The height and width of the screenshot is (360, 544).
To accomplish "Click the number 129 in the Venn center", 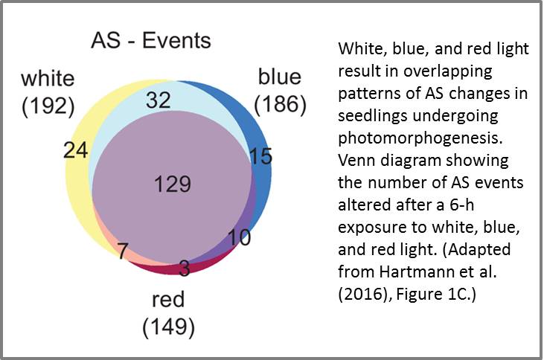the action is pos(173,184).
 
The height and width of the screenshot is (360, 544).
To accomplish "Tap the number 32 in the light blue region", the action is pos(159,100).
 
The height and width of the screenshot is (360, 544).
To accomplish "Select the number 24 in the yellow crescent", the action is pos(76,150).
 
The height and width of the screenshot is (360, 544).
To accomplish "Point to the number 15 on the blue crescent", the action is pos(261,155).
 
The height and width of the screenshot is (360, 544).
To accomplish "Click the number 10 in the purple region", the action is pos(239,237).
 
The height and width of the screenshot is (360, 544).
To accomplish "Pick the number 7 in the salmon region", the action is pos(123,251).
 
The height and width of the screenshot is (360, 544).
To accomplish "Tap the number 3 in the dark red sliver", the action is pos(185,268).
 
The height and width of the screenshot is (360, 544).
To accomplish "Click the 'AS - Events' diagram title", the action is pos(151,40).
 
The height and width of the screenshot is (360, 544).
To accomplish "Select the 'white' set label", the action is pos(48,78).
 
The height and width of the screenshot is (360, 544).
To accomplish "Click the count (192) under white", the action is pos(48,106).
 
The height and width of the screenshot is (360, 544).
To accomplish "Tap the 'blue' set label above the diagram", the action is pos(279,77).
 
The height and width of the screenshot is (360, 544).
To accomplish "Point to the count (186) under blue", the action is pos(281,104).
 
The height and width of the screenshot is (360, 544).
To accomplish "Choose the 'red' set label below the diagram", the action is pos(168,299).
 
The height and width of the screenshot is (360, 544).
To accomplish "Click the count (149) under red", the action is pos(169,327).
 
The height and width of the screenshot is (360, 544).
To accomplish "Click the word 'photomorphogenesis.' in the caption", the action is pos(420,138).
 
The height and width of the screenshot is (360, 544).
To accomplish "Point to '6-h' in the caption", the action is pos(462,205).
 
